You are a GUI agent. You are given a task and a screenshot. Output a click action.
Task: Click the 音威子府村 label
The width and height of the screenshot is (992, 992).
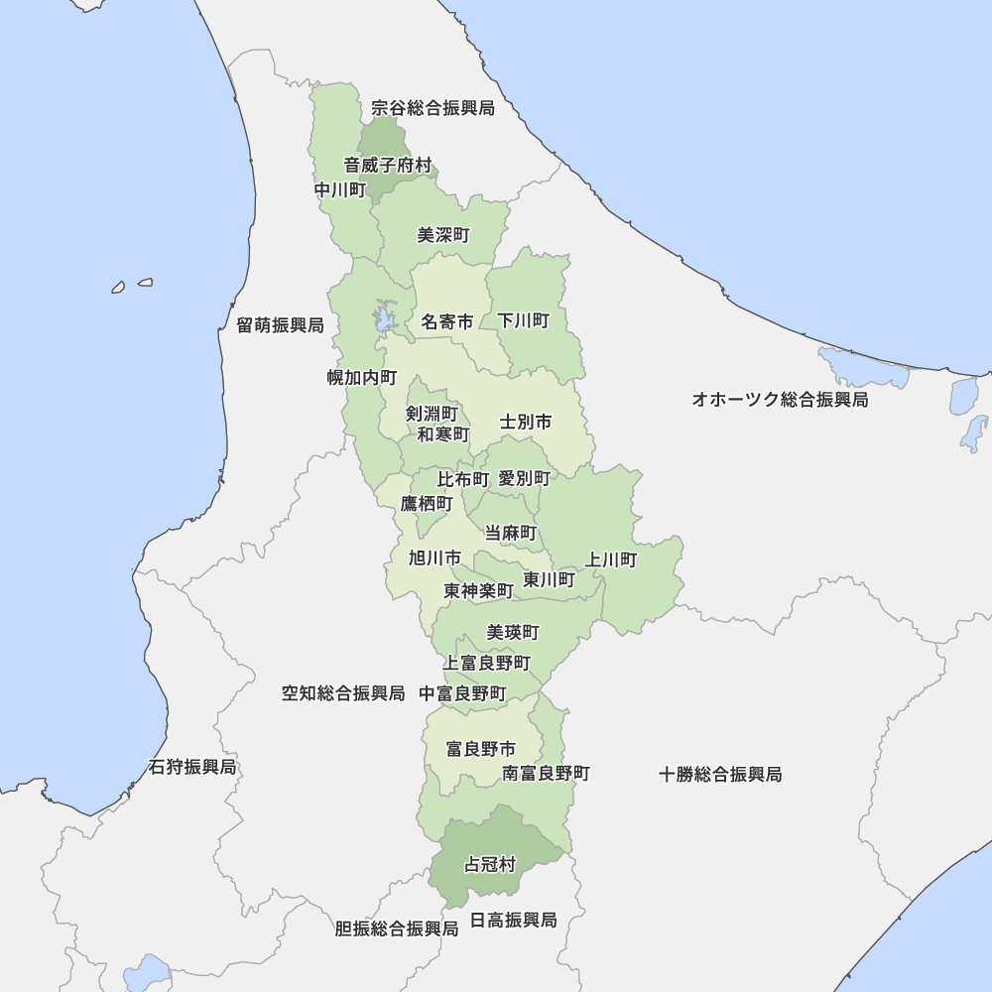pos(388,165)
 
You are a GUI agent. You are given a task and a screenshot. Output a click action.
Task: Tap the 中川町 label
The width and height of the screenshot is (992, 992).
pos(340,189)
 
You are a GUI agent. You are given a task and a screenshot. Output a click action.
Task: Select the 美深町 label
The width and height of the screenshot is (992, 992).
pos(443,235)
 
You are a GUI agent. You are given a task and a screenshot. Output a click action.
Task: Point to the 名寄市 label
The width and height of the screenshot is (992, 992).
pos(447,321)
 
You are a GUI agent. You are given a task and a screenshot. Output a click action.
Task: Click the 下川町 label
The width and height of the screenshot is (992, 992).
pos(523,320)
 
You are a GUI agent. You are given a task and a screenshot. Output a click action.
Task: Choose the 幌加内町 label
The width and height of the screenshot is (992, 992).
pos(362,377)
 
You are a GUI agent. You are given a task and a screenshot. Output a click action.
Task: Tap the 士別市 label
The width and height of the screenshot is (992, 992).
pos(526,423)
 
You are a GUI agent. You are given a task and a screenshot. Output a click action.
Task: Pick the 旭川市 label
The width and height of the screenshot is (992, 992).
pos(434,558)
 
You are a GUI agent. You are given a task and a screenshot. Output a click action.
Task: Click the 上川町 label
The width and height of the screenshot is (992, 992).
pos(611,559)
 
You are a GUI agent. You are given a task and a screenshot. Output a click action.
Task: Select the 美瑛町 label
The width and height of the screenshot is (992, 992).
pos(513,632)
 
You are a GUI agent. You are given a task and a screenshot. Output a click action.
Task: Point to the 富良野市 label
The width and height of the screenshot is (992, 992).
pos(480,749)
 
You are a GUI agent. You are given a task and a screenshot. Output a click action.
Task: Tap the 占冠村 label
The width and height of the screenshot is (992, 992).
pos(490,865)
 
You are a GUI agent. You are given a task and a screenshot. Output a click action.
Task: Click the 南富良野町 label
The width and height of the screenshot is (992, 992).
pos(546,773)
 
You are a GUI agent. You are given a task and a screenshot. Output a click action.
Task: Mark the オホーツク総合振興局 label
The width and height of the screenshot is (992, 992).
pos(780,400)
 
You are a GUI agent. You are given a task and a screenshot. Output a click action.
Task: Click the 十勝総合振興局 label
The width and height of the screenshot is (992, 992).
pos(720,774)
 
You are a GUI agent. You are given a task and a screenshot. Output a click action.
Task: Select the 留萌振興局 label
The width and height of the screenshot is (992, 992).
pos(280,325)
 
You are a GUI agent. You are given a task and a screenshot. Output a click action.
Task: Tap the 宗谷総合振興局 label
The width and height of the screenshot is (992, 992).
pos(433,107)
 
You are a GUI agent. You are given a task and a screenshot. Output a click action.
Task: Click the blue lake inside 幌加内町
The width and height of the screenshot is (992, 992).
pos(382,318)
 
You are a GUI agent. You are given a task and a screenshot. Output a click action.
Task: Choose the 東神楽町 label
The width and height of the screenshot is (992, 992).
pos(478,590)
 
